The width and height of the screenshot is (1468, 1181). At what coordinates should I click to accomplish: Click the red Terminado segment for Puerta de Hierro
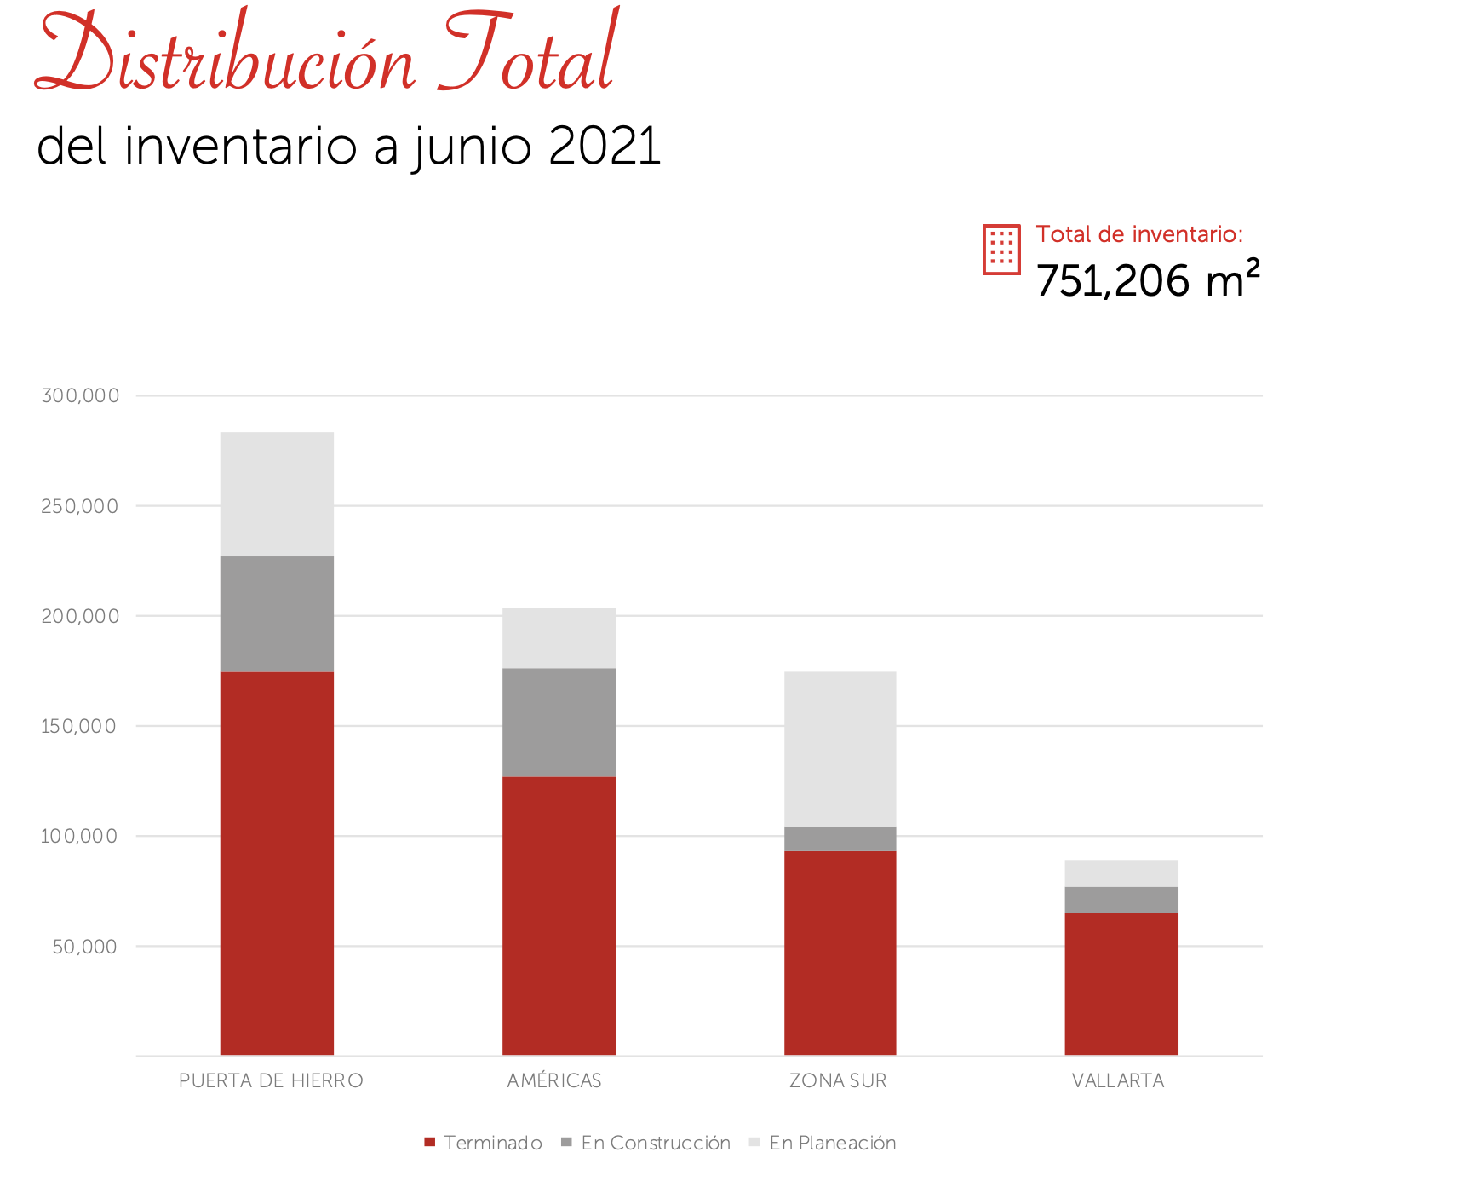277,862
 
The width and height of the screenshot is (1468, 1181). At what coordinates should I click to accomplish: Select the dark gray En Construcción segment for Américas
559,722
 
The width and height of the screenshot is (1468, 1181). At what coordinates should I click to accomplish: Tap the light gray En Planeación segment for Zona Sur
840,748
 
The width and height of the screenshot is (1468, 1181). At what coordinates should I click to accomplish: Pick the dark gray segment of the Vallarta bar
1121,900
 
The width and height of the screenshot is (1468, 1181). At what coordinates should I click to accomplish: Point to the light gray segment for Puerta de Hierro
277,494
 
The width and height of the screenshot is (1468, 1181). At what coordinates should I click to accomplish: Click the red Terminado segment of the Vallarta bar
1121,983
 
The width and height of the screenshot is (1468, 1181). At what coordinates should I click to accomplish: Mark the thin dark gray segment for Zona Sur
840,838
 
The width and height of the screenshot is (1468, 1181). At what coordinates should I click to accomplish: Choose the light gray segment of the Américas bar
559,637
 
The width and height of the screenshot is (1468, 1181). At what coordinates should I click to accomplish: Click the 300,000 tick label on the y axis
80,395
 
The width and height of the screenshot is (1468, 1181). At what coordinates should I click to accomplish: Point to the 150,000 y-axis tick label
78,726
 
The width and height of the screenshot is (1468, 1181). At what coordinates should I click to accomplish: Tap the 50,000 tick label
84,947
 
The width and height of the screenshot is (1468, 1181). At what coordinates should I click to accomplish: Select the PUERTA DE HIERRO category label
271,1080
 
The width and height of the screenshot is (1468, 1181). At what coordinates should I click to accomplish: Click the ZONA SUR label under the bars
838,1080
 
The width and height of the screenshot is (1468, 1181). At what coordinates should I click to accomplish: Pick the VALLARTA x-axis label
1117,1080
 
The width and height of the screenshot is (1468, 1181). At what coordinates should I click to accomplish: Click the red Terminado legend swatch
430,1142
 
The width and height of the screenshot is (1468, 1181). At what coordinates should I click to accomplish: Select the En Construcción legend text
656,1143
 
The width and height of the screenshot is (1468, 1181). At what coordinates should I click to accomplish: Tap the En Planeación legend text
832,1143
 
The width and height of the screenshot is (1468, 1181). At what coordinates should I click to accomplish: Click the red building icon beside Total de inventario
1001,250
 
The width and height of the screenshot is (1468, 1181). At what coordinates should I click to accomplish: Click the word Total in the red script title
528,55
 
